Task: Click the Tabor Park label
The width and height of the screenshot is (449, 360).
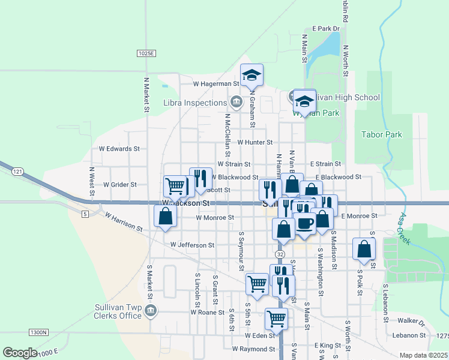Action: [x=382, y=135]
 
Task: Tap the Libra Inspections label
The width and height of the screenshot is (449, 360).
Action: [x=194, y=103]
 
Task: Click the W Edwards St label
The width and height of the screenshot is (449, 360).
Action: [x=119, y=148]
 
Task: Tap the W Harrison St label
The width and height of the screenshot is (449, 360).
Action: [x=123, y=222]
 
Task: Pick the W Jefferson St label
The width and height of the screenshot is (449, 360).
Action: [x=192, y=245]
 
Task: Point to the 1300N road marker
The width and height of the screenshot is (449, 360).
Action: [x=37, y=332]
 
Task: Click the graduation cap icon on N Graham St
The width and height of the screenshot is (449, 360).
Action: [x=252, y=75]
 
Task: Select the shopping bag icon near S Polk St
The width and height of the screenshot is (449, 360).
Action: [x=364, y=249]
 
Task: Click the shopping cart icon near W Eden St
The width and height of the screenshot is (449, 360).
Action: [x=276, y=319]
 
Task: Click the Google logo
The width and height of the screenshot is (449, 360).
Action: [x=20, y=353]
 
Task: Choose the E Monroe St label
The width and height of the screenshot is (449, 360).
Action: [x=358, y=215]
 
